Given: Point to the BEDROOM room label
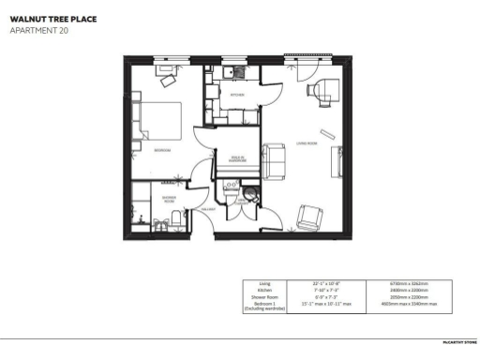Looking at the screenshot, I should point(161,149).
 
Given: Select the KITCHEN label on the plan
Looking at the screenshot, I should point(237,95).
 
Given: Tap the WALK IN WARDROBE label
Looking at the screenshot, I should point(238,157).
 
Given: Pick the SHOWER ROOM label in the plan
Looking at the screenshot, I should point(171,199).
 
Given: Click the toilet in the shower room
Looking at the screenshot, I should point(176,219).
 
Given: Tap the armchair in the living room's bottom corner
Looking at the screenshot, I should point(309,218).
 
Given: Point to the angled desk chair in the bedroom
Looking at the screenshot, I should point(170,81).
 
